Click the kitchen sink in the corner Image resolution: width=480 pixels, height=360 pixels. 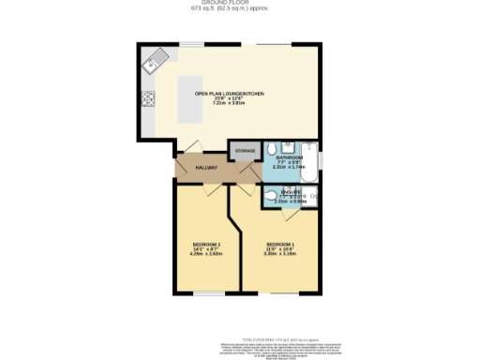click(155, 62)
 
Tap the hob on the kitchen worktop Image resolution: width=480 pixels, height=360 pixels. click(147, 97)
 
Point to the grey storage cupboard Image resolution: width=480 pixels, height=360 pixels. click(246, 151)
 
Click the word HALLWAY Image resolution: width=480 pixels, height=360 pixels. click(206, 168)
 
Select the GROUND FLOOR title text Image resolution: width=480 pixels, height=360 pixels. click(240, 4)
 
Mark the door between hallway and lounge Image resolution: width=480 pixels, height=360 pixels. click(194, 145)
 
